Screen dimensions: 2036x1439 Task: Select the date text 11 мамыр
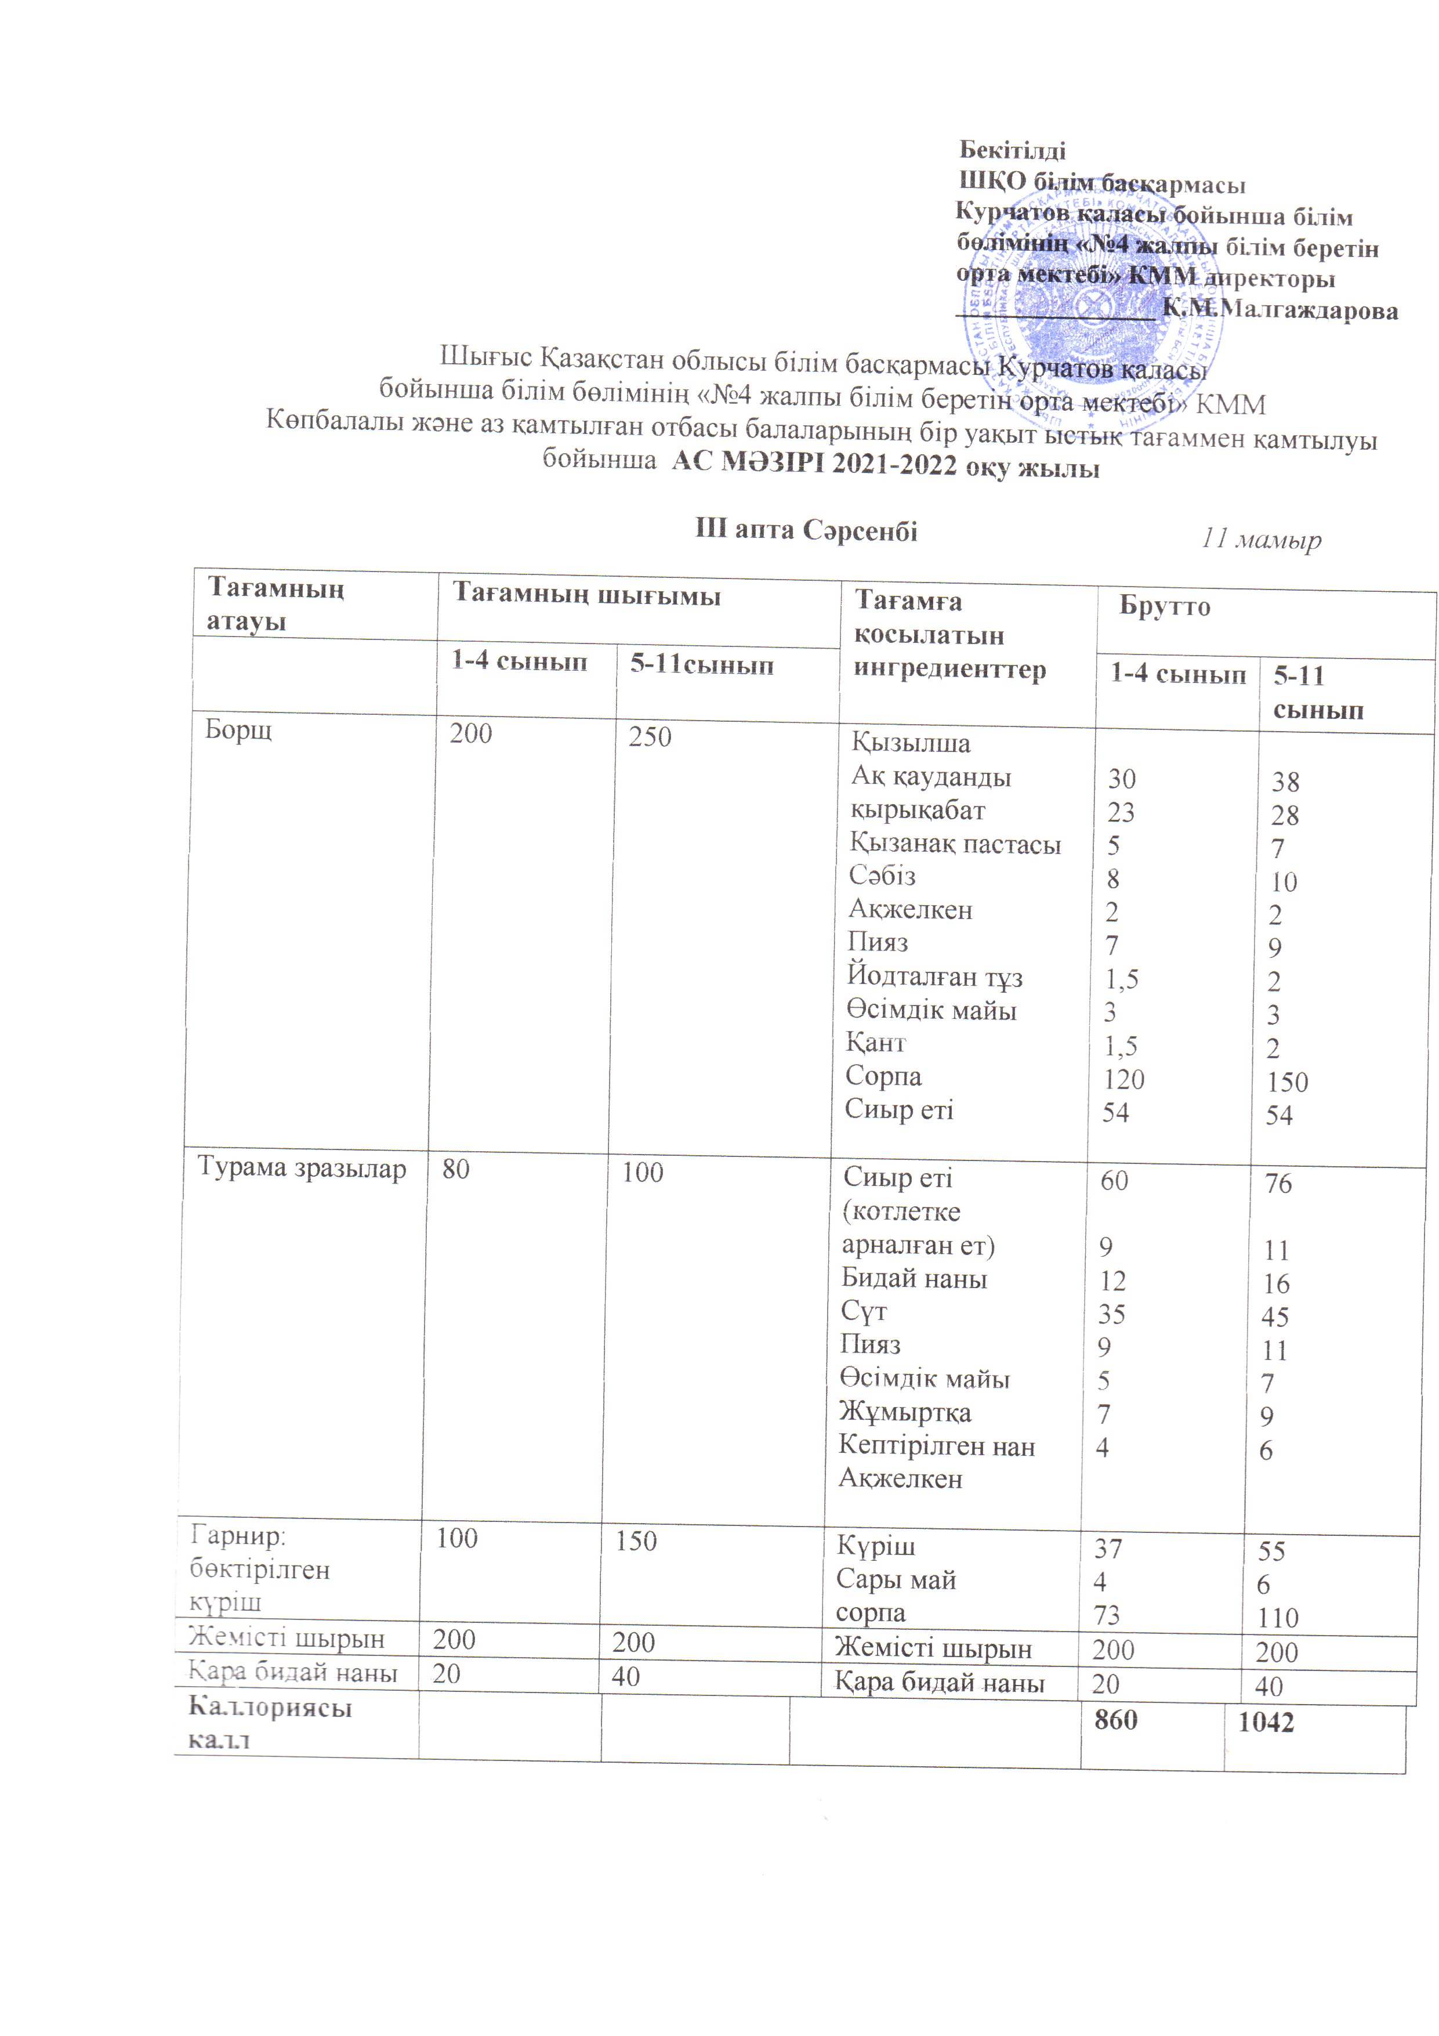coord(1261,538)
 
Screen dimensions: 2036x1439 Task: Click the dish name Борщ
coord(238,730)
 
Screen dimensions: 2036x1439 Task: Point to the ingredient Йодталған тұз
coord(934,977)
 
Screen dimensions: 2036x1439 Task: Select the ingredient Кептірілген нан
coord(936,1446)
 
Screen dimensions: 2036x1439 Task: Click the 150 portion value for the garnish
coord(636,1540)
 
